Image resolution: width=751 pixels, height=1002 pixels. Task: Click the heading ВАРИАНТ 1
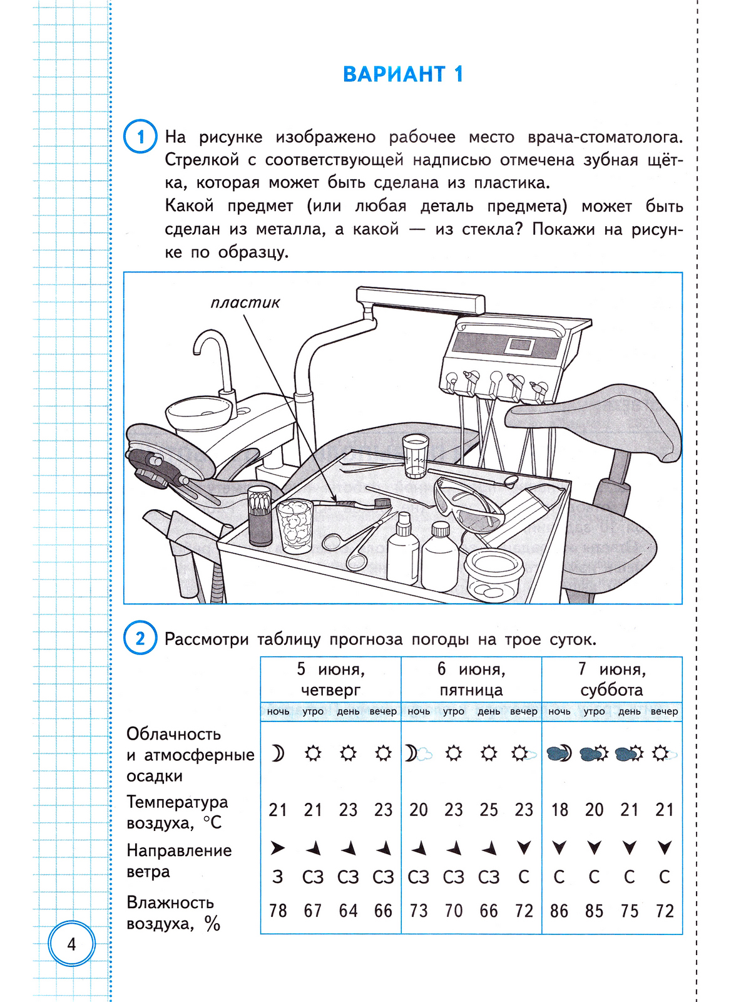point(403,74)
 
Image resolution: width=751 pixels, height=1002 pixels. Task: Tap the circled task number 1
point(140,137)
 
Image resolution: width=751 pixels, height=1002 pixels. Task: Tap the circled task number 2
point(140,638)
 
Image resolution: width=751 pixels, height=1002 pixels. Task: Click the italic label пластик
point(245,303)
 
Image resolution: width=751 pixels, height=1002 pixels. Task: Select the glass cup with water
point(414,457)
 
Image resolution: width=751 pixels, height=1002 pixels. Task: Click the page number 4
point(71,944)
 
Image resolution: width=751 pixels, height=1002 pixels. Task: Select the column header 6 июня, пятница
point(471,679)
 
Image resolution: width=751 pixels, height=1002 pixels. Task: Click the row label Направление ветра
point(178,860)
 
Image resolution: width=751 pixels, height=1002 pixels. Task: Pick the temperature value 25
point(488,810)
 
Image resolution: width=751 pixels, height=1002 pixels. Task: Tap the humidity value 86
point(559,911)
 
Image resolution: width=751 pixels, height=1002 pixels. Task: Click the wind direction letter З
point(278,877)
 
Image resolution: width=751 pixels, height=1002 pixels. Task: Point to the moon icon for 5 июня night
point(277,753)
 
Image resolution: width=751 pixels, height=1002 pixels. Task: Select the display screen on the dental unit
point(520,344)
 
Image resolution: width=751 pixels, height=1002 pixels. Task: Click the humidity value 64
point(348,911)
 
